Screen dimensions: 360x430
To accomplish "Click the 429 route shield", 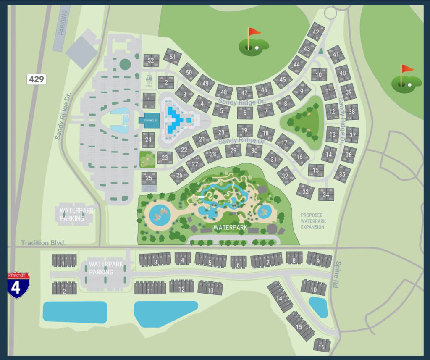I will point(37,79).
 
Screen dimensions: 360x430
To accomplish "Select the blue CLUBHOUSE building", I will point(149,120).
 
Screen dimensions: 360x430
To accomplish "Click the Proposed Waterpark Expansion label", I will point(312,221).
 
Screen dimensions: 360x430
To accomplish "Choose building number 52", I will point(151,60).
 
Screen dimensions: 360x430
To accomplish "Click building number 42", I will point(316,32).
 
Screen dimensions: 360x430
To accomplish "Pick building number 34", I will point(326,194).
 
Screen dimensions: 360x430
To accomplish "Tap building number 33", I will point(305,192).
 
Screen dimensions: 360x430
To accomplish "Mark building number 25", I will point(149,178).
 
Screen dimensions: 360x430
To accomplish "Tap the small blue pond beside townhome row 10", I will point(318,307).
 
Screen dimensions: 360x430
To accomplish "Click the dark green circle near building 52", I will point(125,64).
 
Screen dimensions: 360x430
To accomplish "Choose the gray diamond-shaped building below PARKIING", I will point(81,50).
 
